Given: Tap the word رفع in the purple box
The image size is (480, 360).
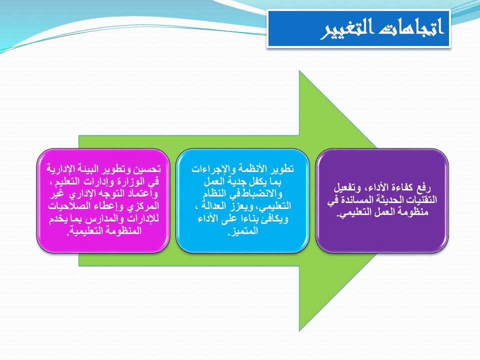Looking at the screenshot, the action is point(423,187).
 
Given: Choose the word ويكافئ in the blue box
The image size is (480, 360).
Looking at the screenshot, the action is point(275,219).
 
